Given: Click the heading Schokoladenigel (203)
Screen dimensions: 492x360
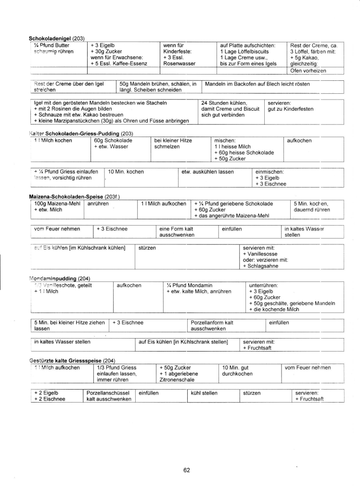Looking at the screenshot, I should click(56, 38).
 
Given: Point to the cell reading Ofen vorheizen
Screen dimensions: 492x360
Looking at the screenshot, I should click(308, 71).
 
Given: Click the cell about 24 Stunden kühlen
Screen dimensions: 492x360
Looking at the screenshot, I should click(230, 109).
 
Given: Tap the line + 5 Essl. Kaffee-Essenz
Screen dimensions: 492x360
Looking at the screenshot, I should click(119, 63).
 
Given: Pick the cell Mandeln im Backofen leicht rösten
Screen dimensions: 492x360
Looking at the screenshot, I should click(257, 84).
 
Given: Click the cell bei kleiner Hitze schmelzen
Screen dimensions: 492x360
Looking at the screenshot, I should click(173, 144).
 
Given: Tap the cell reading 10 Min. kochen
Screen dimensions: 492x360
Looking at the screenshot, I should click(126, 172).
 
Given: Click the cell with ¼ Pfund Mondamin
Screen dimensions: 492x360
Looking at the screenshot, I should click(198, 289).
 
